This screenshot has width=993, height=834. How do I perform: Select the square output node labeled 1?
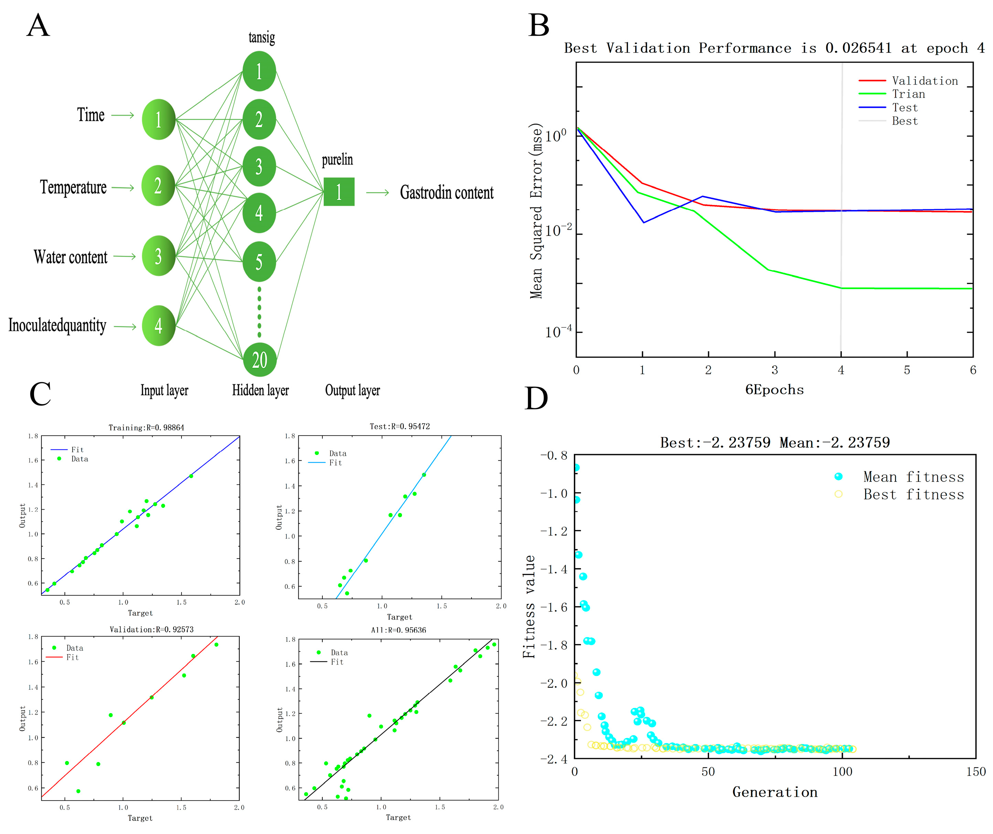tap(339, 191)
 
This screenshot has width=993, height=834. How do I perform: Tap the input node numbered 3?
tap(158, 256)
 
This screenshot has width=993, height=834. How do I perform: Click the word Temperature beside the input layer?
tap(73, 187)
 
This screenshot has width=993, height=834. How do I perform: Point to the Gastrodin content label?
tap(446, 192)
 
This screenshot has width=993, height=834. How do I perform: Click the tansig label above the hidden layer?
tap(261, 37)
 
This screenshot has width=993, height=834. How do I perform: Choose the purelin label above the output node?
tap(337, 160)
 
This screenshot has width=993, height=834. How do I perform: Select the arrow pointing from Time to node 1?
tap(123, 115)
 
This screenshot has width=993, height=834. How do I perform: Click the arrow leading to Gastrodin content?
tap(377, 192)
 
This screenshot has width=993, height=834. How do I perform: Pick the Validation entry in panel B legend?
tap(924, 81)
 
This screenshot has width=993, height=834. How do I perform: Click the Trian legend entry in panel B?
tap(908, 94)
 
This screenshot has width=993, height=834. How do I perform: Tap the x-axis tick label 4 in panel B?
tap(841, 370)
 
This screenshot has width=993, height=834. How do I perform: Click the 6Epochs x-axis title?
tap(774, 389)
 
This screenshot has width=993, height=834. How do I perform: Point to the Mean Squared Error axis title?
tap(536, 211)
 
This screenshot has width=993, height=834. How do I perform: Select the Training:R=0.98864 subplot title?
tap(146, 427)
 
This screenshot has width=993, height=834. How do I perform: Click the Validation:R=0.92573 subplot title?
tap(151, 629)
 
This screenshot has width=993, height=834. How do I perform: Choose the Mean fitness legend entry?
tap(913, 477)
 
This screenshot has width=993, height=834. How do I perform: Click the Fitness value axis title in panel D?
tap(529, 607)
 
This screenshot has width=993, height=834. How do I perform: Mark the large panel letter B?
tap(539, 25)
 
